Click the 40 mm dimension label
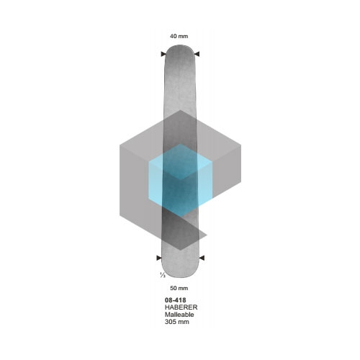point(179,36)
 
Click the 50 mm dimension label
point(179,288)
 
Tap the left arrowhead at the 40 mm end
point(163,54)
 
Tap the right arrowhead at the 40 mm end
point(197,54)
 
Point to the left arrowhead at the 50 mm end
point(159,258)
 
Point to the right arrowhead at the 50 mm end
point(202,258)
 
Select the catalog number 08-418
point(175,300)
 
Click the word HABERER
point(181,307)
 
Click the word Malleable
point(179,315)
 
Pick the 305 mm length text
point(177,322)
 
